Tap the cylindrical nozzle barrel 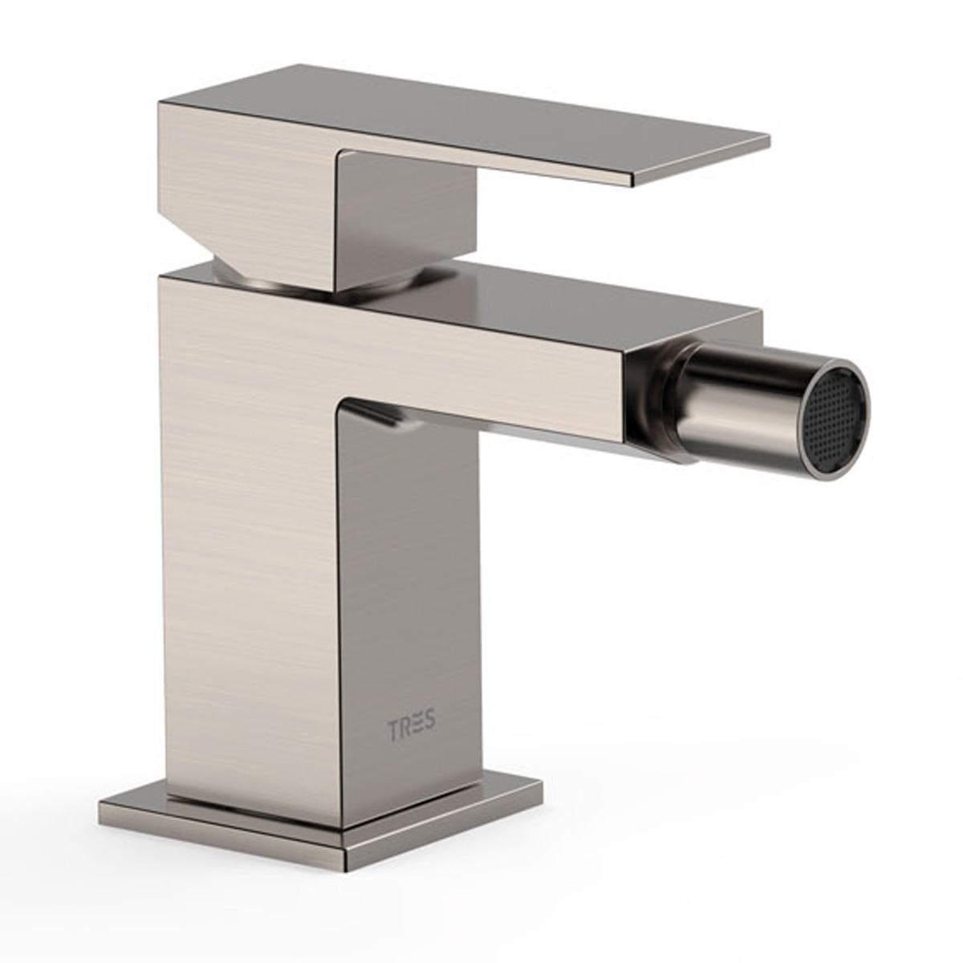(x=738, y=401)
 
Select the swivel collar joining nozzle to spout (x=658, y=401)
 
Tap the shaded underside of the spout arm (x=498, y=425)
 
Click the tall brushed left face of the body (x=249, y=562)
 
